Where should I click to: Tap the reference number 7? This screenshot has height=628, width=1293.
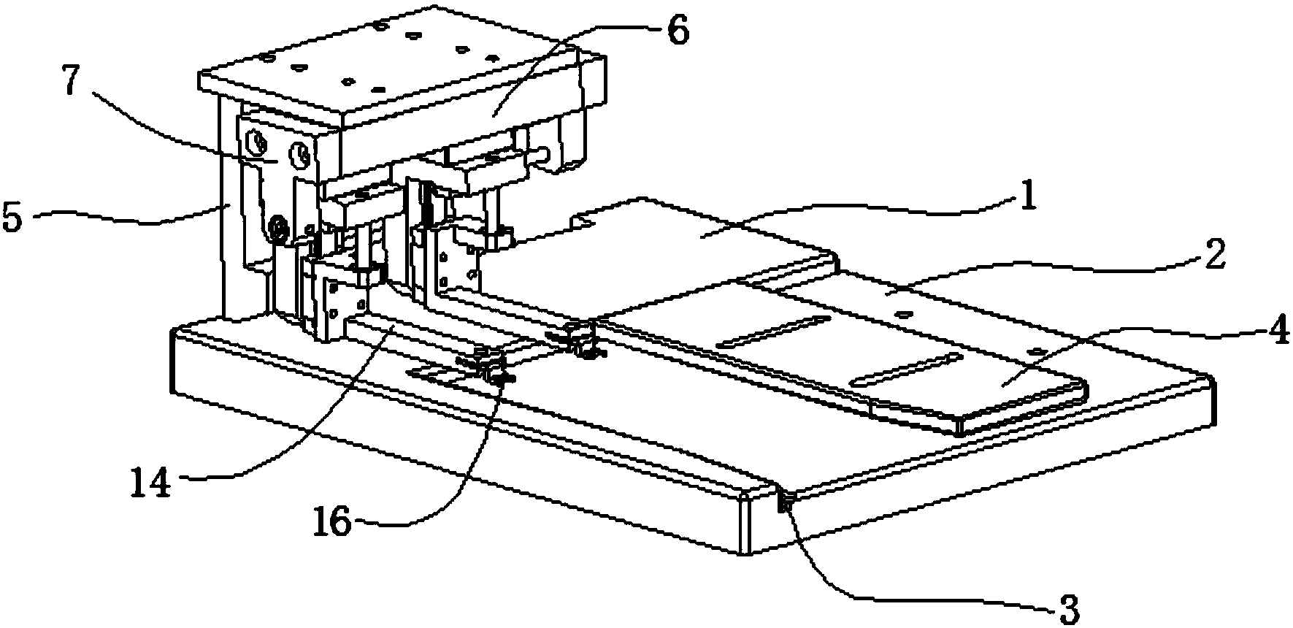pyautogui.click(x=71, y=83)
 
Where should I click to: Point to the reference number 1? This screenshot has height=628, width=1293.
pyautogui.click(x=1029, y=197)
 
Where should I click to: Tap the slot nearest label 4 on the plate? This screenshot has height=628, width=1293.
pyautogui.click(x=905, y=368)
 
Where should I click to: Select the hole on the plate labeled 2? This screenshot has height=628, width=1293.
pyautogui.click(x=904, y=314)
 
